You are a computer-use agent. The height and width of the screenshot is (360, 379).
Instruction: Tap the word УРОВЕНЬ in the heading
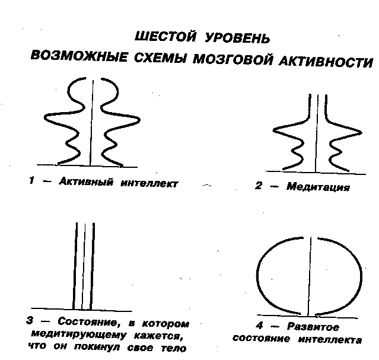[237, 38]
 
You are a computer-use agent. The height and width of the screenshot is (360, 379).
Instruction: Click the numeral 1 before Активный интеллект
[31, 180]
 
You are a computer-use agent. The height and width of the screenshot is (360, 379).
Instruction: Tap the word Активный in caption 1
[86, 181]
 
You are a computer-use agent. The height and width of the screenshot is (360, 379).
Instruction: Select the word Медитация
[318, 187]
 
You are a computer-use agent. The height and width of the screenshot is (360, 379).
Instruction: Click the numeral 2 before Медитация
[259, 186]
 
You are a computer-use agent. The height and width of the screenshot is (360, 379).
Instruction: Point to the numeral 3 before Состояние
[30, 320]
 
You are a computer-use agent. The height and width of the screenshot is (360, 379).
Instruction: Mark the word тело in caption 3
[174, 348]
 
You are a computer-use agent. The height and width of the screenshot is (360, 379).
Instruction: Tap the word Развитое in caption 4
[313, 327]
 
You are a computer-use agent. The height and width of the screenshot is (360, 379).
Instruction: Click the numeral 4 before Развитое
[259, 326]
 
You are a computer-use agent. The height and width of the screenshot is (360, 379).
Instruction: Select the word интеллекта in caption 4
[330, 340]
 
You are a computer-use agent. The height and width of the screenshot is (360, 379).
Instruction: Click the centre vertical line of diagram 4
[310, 276]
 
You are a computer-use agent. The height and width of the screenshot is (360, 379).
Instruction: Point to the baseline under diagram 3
[81, 310]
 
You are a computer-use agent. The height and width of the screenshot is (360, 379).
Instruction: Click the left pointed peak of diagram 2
[273, 130]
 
